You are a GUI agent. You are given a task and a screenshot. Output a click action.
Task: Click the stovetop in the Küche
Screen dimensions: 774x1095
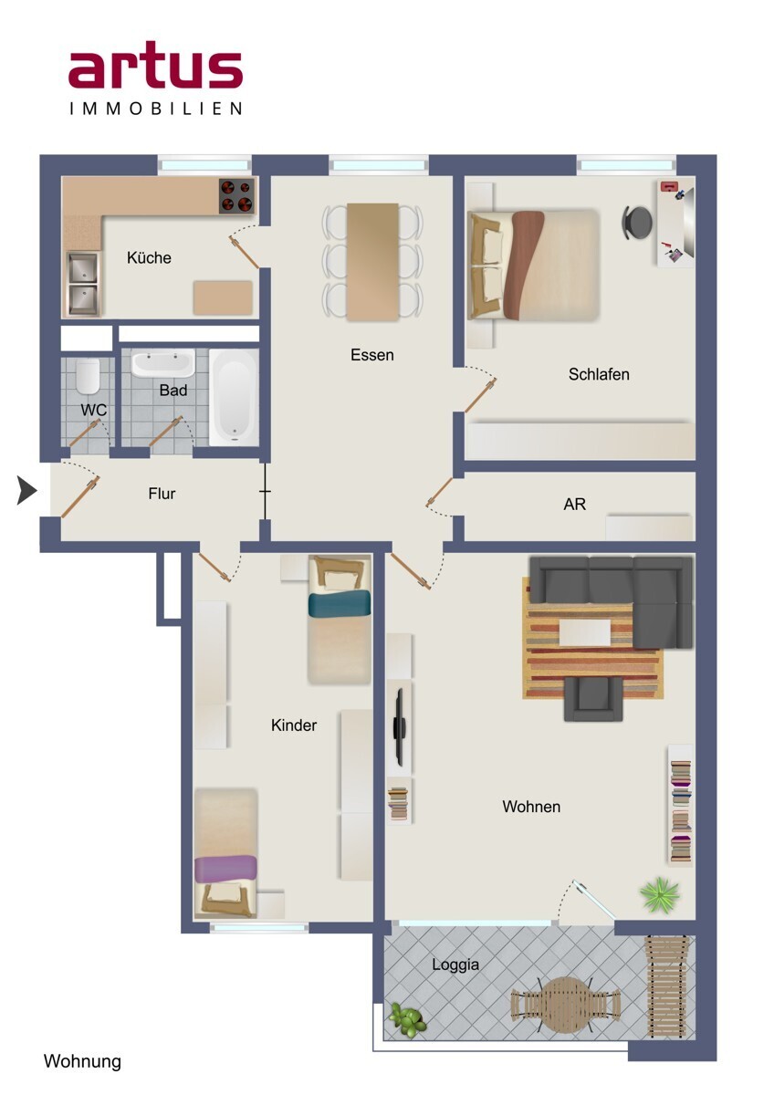pos(236,195)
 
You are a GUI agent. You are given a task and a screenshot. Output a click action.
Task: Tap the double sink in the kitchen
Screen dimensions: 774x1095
pos(83,285)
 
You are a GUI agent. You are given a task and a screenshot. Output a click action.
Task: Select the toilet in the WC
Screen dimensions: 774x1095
pos(88,377)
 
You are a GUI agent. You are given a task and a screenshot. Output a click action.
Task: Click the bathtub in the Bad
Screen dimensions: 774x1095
pos(234,397)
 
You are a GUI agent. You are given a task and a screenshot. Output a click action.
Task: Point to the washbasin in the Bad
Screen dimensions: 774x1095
pos(162,363)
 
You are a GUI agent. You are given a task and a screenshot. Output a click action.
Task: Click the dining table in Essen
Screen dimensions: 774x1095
pos(372,262)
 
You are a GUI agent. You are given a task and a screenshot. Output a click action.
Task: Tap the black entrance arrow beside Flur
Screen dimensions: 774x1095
pos(26,490)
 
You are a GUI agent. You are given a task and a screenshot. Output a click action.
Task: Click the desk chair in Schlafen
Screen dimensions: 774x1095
pos(637,223)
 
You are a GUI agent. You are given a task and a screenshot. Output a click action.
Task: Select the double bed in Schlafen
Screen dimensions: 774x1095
pos(533,266)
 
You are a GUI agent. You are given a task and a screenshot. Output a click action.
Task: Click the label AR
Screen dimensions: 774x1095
pos(574,504)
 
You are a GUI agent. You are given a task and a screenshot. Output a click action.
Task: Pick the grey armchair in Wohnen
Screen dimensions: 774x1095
pos(593,699)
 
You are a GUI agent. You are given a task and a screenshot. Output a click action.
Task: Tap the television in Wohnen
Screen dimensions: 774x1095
pos(400,727)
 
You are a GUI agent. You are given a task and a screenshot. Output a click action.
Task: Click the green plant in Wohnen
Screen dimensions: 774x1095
pos(659,894)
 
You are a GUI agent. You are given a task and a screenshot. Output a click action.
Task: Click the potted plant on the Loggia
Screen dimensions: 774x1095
pos(407,1019)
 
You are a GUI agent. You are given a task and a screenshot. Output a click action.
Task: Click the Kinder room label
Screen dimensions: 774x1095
pos(294,725)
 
